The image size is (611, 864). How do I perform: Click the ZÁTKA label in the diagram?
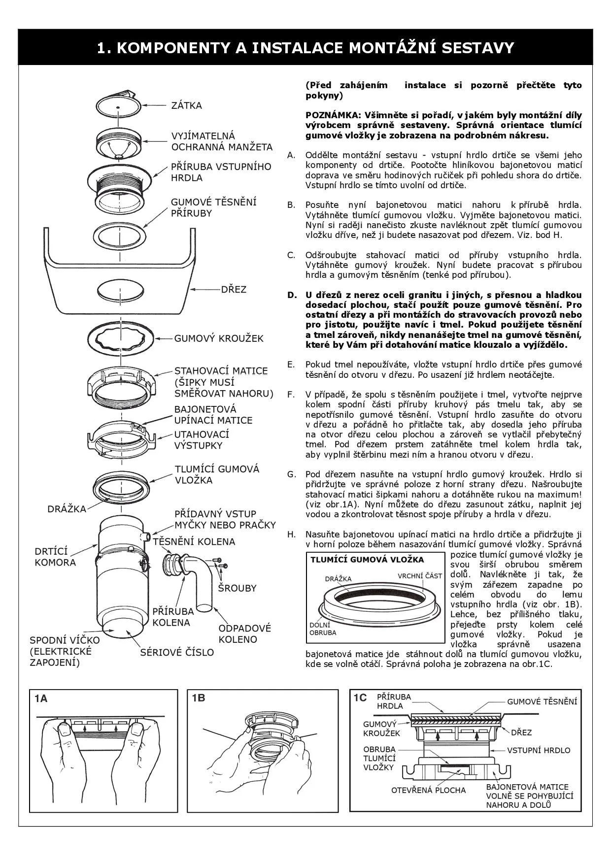point(186,105)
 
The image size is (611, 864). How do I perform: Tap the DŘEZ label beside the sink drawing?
point(234,289)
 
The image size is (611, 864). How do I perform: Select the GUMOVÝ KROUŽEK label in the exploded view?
point(219,338)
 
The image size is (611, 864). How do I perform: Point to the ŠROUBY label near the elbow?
point(237,588)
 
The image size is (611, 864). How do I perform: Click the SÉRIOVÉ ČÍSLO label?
point(177,652)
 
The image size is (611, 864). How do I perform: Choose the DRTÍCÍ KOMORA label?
point(55,557)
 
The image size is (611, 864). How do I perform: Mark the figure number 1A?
point(41,698)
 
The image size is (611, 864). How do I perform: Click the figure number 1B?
point(199,698)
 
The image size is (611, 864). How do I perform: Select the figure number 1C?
point(360,698)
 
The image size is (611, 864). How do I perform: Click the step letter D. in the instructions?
point(292,295)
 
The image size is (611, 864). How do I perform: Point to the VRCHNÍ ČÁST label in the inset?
point(420,576)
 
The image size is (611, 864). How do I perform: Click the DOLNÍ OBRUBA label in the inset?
point(323,629)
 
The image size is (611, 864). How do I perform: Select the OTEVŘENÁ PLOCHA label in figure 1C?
point(428,790)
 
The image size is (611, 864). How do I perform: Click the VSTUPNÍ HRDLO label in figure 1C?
point(539,750)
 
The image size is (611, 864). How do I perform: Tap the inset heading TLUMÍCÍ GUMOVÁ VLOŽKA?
point(367,560)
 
